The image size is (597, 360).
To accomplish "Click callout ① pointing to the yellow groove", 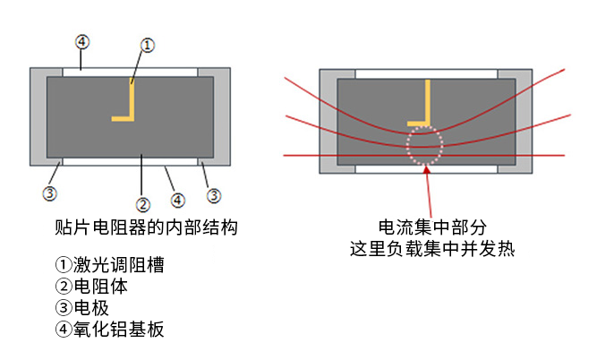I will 149,44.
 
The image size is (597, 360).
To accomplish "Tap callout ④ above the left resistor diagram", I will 81,42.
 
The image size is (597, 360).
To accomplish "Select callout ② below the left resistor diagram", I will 141,203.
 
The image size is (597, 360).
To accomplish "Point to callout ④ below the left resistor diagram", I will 177,200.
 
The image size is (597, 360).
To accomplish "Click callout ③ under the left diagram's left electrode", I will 50,193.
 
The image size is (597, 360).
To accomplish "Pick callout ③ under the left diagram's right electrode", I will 215,194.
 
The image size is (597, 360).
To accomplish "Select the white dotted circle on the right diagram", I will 423,145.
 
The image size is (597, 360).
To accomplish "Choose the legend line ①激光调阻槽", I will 109,266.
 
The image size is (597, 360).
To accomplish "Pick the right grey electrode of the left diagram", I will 221,115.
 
